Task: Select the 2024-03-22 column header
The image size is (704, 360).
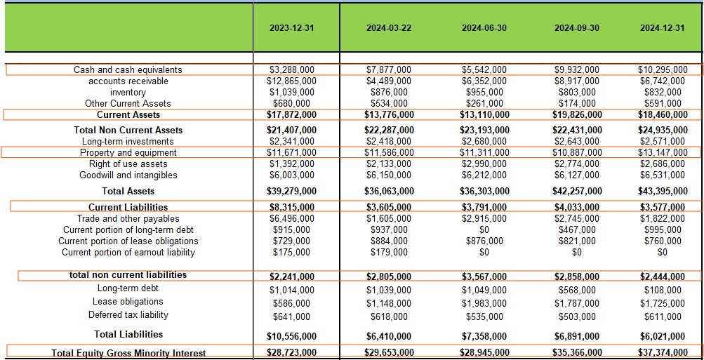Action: [x=390, y=28]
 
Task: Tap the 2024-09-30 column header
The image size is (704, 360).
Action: [x=577, y=28]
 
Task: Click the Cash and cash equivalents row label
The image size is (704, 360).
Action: [x=128, y=70]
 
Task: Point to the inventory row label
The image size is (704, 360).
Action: [x=128, y=93]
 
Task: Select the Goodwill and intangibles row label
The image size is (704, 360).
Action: [x=128, y=175]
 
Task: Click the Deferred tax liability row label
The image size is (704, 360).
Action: [x=128, y=315]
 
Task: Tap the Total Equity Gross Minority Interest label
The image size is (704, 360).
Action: [x=128, y=353]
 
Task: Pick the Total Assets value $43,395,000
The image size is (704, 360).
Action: [x=662, y=191]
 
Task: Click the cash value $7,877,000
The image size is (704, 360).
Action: [x=390, y=70]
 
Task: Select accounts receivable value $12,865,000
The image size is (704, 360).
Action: [x=292, y=81]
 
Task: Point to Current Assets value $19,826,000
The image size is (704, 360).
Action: [x=576, y=115]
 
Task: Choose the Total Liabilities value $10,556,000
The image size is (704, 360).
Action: [x=292, y=335]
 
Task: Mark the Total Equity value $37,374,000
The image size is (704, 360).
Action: [x=662, y=352]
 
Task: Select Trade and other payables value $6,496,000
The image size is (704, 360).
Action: [x=292, y=219]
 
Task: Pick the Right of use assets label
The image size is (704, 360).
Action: [x=128, y=164]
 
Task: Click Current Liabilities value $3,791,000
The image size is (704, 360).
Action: [x=484, y=207]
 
